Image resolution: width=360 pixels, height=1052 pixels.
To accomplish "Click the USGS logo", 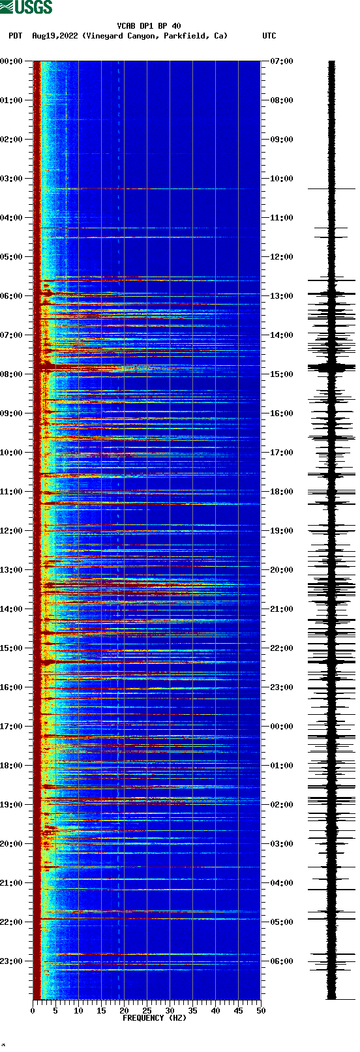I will [26, 7].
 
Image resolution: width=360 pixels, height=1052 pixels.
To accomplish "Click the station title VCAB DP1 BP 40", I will [149, 26].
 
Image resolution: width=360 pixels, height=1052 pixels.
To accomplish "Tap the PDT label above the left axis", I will [15, 36].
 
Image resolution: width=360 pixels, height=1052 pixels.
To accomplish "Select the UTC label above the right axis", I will [269, 36].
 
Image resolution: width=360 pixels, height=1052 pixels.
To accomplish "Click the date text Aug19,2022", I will [55, 36].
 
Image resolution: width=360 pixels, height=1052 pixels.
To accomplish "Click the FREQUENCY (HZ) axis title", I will [155, 1018].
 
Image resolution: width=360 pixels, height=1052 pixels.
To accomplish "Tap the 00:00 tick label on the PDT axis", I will [12, 61].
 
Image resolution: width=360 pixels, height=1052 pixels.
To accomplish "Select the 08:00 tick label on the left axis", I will [12, 374].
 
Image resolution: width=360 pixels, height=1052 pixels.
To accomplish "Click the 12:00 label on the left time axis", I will [12, 531].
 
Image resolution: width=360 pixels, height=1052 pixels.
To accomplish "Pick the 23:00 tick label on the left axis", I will [12, 961].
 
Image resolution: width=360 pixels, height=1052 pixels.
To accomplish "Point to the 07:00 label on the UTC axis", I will [281, 61].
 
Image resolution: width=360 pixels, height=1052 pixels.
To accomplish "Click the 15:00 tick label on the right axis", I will [281, 374].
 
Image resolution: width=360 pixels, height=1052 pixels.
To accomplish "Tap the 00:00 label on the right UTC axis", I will [281, 727].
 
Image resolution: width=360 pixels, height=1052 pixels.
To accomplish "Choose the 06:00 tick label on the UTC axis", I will [281, 961].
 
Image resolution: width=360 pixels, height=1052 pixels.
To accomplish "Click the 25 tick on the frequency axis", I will [147, 1011].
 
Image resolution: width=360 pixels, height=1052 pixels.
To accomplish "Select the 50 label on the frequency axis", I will [261, 1011].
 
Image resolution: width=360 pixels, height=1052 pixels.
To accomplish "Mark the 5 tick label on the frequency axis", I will [55, 1011].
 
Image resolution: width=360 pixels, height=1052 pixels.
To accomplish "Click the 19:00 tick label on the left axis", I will [12, 805].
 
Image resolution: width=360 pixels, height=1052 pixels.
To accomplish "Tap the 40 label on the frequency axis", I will [215, 1011].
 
